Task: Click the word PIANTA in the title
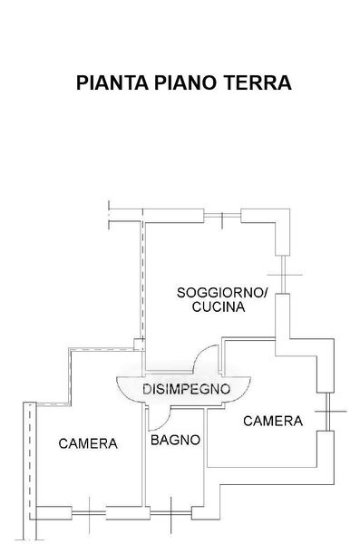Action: [x=112, y=83]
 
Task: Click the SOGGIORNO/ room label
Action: [x=222, y=293]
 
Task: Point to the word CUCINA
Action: [x=219, y=307]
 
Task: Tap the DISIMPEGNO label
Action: [x=186, y=389]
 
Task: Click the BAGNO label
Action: [x=175, y=440]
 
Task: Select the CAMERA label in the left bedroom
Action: [x=88, y=443]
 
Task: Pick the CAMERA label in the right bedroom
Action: [x=273, y=421]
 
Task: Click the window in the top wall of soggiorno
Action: [x=222, y=217]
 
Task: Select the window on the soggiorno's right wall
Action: [x=285, y=275]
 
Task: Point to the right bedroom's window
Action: [x=327, y=412]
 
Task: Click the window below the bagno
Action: [x=170, y=512]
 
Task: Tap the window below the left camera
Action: [x=89, y=512]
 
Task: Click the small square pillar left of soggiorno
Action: [x=140, y=344]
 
